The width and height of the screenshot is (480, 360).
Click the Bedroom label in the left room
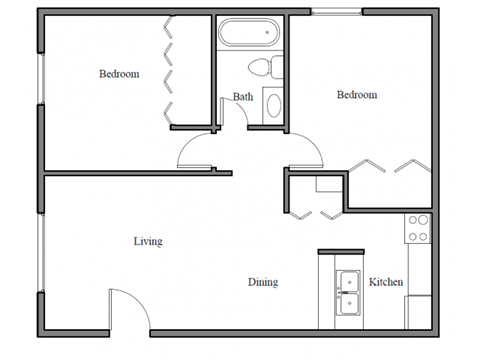[118, 74]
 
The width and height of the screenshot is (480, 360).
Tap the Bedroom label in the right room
[356, 95]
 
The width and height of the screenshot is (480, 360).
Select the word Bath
[243, 97]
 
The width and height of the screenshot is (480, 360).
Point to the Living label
[148, 241]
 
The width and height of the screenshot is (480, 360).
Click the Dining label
[263, 283]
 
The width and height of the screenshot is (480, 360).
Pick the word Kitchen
[386, 283]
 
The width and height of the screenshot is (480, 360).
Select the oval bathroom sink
[272, 102]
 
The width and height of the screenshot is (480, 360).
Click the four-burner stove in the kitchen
[418, 228]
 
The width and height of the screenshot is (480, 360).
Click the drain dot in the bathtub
[269, 32]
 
